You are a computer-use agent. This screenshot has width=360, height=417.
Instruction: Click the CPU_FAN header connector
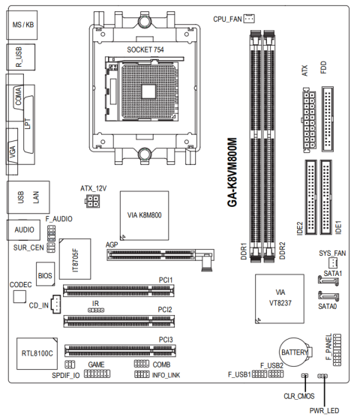249,18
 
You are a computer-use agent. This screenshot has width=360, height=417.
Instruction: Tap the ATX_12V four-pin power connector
92,201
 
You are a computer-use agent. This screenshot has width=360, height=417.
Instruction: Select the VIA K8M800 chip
144,215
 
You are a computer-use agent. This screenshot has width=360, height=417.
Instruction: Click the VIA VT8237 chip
280,298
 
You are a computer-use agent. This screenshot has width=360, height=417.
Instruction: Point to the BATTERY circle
294,352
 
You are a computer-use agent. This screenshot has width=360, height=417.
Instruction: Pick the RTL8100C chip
37,353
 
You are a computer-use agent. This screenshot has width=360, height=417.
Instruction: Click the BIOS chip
46,274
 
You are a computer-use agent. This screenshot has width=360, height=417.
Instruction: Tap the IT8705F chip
75,259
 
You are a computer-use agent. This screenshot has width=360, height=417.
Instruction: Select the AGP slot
160,255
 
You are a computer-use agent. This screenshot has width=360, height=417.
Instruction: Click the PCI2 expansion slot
118,321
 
